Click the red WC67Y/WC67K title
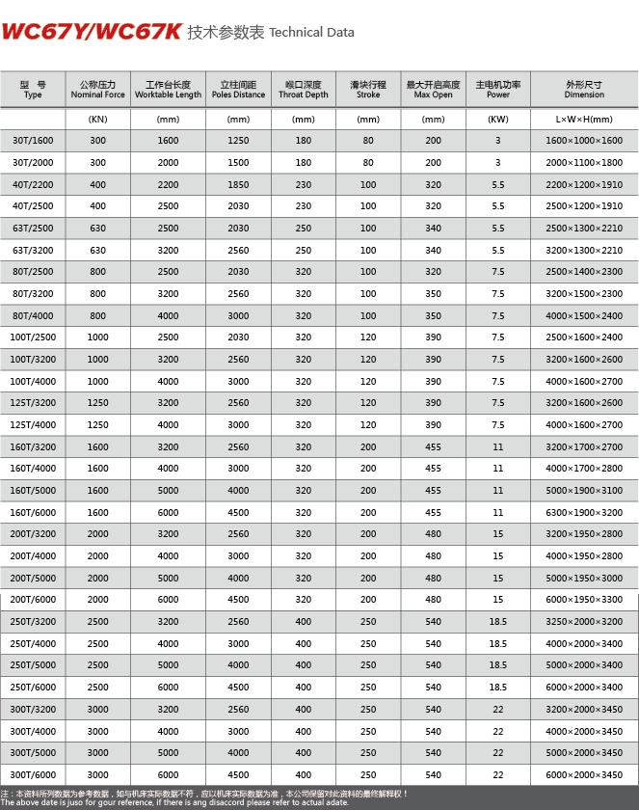coord(92,32)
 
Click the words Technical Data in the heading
coord(311,33)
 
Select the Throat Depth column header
coord(304,90)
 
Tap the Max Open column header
coord(433,90)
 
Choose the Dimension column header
coord(584,90)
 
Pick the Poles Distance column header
coord(238,90)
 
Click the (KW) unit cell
coord(498,120)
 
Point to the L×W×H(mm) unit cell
coord(584,120)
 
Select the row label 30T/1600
coord(34,141)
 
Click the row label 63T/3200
coord(34,250)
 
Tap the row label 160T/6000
coord(34,512)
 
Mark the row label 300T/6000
coord(34,774)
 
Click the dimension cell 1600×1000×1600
coord(584,141)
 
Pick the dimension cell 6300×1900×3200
coord(584,512)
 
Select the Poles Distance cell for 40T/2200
coord(238,184)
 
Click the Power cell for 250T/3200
coord(498,622)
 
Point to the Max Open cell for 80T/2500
coord(433,272)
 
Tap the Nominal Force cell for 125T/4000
coord(97,424)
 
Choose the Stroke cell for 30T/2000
coord(368,163)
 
